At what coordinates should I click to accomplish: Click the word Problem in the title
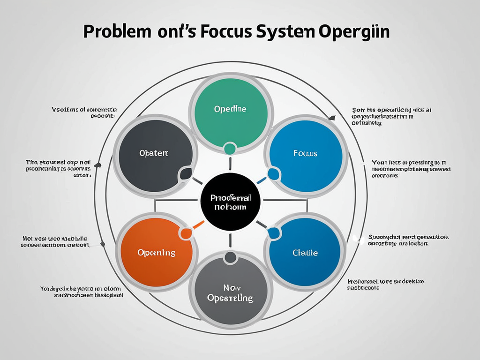[x=118, y=33]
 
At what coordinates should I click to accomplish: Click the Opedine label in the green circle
[x=230, y=109]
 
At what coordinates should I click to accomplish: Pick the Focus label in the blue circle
[x=305, y=153]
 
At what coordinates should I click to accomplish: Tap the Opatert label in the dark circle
[x=153, y=153]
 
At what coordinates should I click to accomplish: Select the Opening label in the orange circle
[x=157, y=253]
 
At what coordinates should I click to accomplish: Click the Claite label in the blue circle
[x=305, y=253]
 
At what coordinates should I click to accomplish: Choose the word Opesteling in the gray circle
[x=230, y=298]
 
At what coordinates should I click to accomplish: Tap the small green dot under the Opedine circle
[x=230, y=149]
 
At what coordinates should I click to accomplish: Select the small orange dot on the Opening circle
[x=186, y=233]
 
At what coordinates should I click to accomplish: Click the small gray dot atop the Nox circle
[x=230, y=257]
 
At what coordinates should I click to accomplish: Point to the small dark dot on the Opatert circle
[x=186, y=174]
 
